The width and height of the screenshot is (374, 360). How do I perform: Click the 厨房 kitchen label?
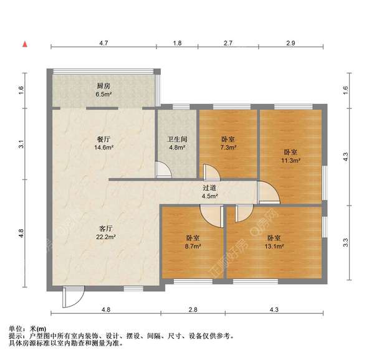[103, 86]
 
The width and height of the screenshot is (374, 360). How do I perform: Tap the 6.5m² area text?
[103, 95]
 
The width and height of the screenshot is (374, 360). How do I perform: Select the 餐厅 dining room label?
[103, 139]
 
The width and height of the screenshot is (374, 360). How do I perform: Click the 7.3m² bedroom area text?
[228, 148]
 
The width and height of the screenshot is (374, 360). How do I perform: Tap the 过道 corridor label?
[209, 187]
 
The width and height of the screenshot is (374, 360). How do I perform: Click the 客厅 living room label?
[103, 228]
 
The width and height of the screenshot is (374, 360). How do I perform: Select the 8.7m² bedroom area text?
[193, 247]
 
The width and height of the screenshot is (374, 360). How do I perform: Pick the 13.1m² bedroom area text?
[274, 247]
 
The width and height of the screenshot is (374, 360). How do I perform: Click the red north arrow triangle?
[25, 44]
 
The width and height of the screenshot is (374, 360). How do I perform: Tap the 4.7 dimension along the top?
[103, 43]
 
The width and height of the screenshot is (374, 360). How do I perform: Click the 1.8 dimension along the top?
[177, 43]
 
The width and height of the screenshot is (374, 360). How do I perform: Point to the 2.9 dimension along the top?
[290, 43]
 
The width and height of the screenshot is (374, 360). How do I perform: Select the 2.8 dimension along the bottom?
[193, 310]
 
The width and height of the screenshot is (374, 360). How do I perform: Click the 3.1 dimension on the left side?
[21, 144]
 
